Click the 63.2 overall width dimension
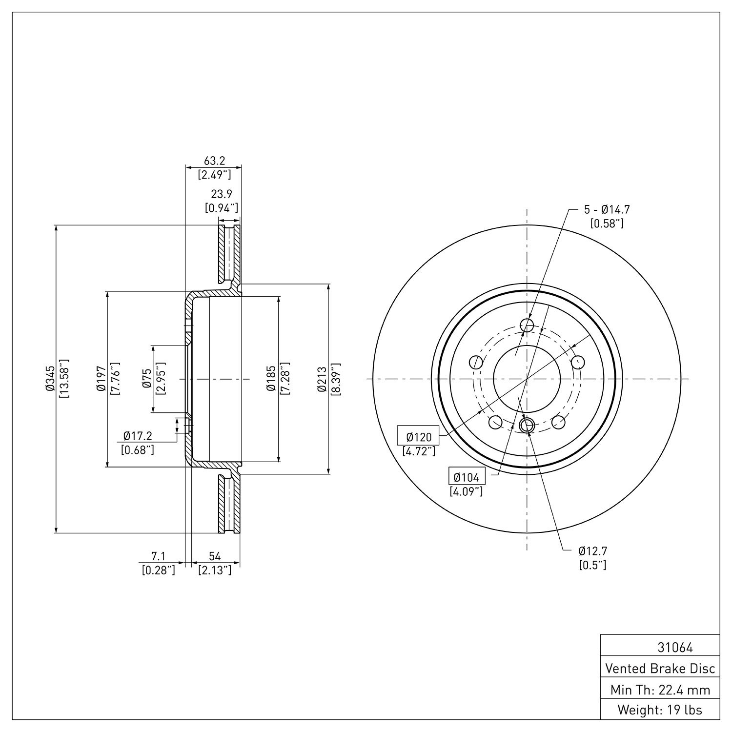point(214,161)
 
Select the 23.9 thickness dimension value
point(221,194)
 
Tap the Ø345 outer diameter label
point(49,379)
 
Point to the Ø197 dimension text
point(101,379)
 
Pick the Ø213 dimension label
point(321,379)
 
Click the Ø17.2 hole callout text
point(138,435)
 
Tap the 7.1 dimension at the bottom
point(158,556)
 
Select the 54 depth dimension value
point(215,556)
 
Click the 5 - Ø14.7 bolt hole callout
point(607,210)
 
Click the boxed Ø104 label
point(466,477)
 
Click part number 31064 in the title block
point(675,648)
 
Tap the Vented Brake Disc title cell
point(660,668)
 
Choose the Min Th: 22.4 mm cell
point(660,690)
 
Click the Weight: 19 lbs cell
point(660,710)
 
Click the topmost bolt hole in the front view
point(527,325)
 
